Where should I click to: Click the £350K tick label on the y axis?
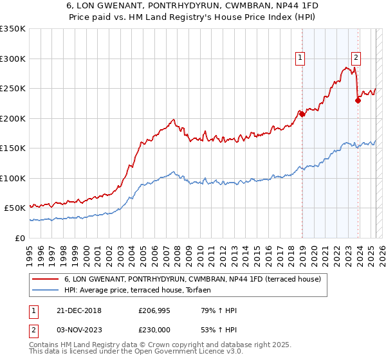click(13, 29)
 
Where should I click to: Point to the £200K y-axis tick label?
click(13, 118)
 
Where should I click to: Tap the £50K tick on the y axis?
click(15, 208)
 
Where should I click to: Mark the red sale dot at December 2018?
click(302, 114)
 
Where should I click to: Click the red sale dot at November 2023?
click(358, 100)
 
